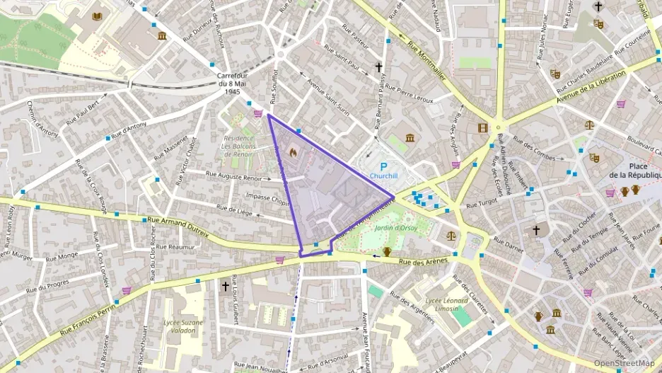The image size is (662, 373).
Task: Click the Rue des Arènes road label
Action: click(424, 262)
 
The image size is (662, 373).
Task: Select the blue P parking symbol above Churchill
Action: click(383, 166)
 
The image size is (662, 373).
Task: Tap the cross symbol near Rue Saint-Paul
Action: click(378, 67)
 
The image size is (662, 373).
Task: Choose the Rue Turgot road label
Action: click(482, 204)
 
